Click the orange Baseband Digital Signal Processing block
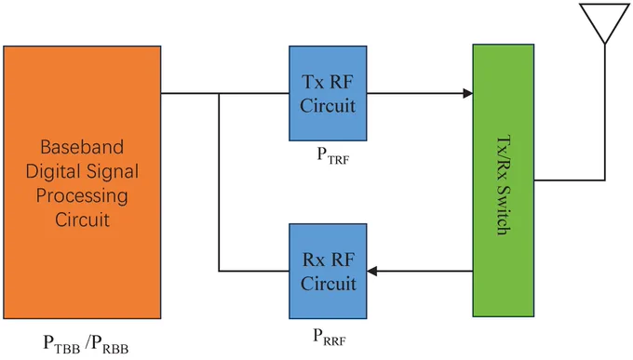click(x=82, y=182)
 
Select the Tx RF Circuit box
click(x=328, y=93)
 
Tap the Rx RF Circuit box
click(x=328, y=272)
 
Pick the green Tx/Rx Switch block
click(x=504, y=180)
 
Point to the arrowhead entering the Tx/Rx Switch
click(x=468, y=93)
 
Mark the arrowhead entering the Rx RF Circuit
click(x=372, y=272)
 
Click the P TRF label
click(x=332, y=155)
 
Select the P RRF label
click(x=330, y=337)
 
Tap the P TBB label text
click(x=61, y=344)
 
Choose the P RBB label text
click(x=109, y=344)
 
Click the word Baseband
click(x=82, y=147)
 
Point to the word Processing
click(x=82, y=196)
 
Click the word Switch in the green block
click(x=504, y=210)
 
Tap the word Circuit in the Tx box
click(x=328, y=106)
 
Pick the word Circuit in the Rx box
click(x=329, y=284)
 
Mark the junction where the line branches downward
click(x=219, y=93)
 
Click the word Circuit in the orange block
click(x=82, y=220)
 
